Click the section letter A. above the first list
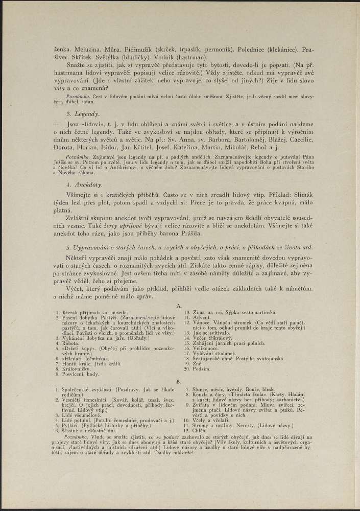pos(179,305)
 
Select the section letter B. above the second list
pos(179,382)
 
